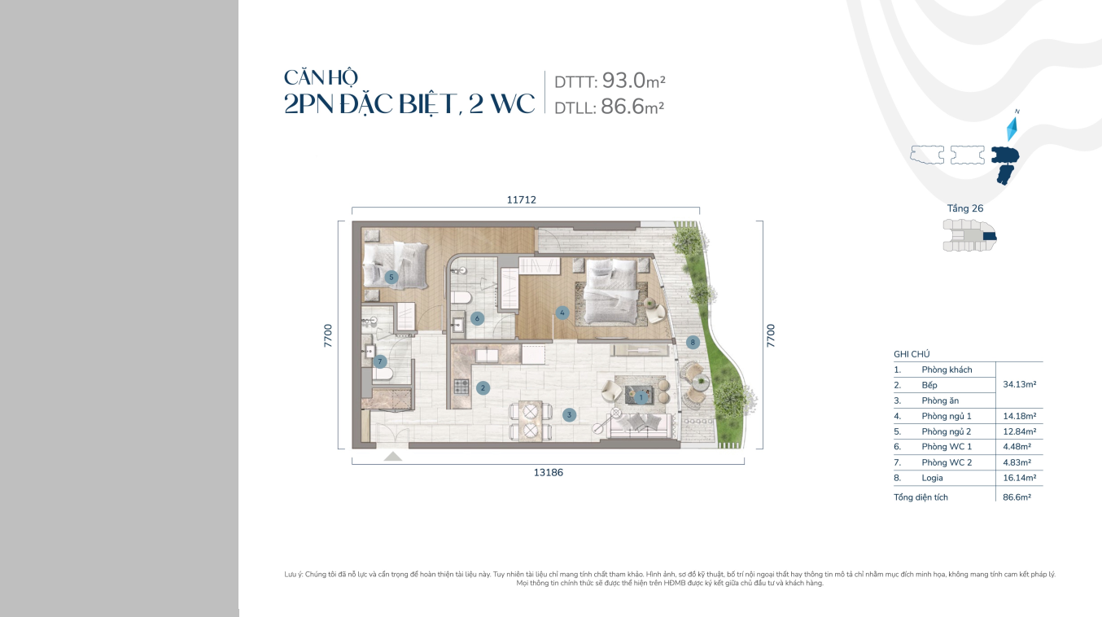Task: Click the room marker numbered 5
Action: (x=391, y=277)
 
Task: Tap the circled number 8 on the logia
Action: (x=693, y=343)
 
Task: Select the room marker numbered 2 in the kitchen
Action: (x=483, y=387)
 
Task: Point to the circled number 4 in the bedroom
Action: (x=562, y=313)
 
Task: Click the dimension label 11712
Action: (x=522, y=199)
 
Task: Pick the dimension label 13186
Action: (x=549, y=472)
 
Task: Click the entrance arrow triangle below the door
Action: (x=392, y=457)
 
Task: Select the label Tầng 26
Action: (x=965, y=208)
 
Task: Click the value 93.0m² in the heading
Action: (x=634, y=81)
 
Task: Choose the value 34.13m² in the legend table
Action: (x=1019, y=384)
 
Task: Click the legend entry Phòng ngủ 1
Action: (x=947, y=416)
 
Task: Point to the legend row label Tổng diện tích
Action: (x=921, y=497)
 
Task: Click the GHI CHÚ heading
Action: (x=912, y=354)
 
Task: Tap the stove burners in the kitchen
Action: (x=461, y=387)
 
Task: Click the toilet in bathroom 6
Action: (x=461, y=297)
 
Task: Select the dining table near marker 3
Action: (x=530, y=421)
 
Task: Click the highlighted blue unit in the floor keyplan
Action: (x=990, y=236)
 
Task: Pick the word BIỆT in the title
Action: (x=426, y=104)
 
